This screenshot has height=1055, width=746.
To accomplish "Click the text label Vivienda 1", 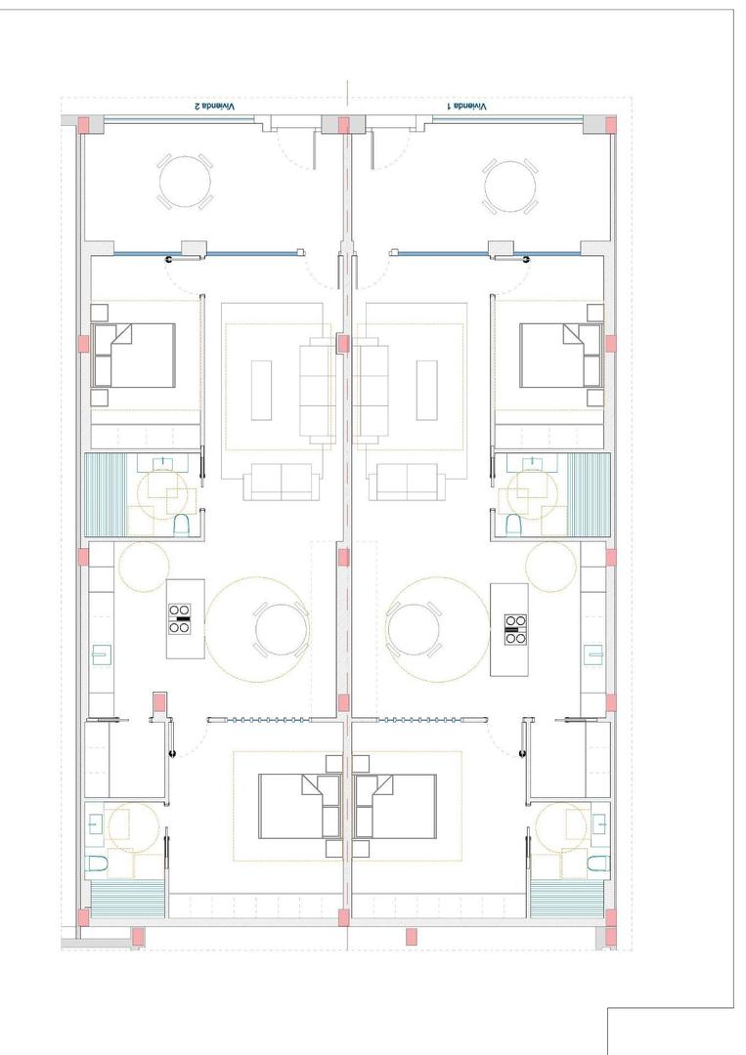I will point(467,105).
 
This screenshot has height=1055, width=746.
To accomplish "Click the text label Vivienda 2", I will point(214,105).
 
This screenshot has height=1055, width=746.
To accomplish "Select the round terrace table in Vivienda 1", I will point(508,183).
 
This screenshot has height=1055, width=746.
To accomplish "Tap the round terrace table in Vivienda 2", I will point(185,182).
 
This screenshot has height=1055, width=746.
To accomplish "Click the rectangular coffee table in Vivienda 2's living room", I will point(261,390).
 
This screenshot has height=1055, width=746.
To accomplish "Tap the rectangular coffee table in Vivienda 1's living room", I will point(427,390).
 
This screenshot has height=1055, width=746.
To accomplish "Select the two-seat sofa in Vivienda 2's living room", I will point(282,481).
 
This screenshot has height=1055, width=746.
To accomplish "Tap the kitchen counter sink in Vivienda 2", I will point(100,654).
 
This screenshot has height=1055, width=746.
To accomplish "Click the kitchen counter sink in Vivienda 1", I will point(592,654).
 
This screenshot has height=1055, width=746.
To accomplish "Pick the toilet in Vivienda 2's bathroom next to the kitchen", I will point(181,527).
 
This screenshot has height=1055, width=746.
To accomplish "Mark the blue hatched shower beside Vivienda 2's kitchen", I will point(106,494).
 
